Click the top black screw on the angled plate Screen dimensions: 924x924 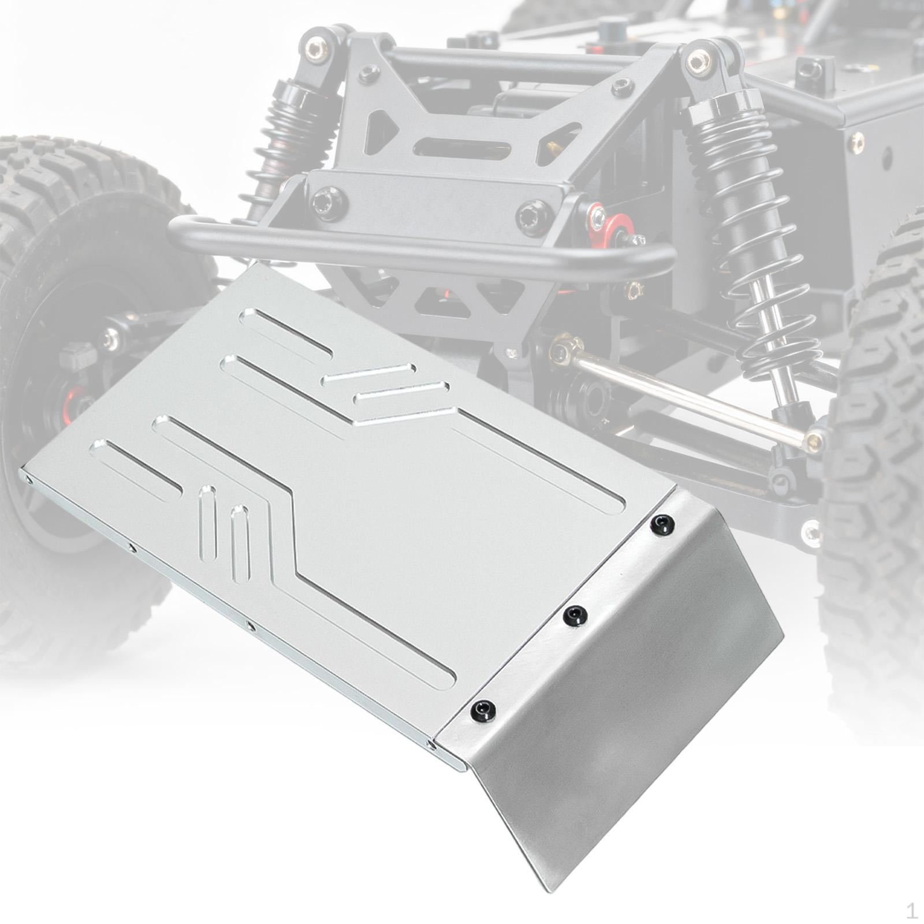click(662, 524)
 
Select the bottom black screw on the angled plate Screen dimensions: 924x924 click(483, 710)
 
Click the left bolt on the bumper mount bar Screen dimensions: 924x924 click(329, 203)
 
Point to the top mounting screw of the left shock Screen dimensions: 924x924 click(316, 49)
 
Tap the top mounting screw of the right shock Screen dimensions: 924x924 click(698, 61)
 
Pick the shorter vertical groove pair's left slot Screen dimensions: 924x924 click(208, 523)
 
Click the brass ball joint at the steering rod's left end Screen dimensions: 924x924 click(560, 349)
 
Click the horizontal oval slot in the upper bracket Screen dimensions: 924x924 click(462, 148)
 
